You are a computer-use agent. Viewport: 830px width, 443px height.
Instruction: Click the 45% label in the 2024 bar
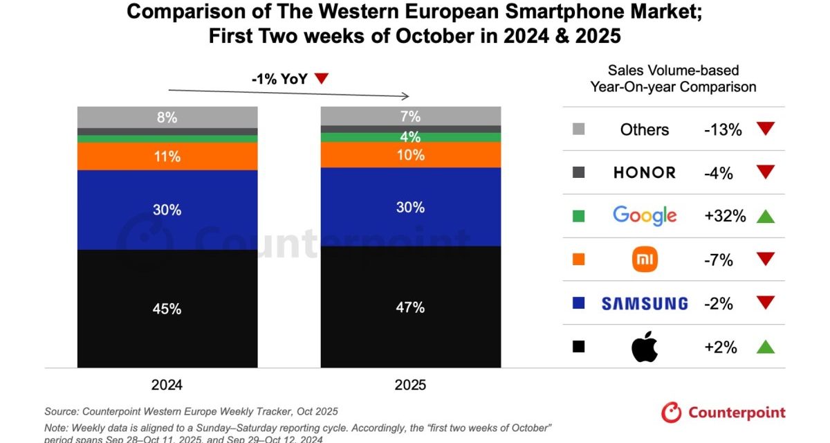167,309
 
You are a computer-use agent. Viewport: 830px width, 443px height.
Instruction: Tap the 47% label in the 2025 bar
410,307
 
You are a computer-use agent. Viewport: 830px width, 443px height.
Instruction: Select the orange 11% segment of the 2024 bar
167,156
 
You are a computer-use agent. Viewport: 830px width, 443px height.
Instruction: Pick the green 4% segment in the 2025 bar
410,137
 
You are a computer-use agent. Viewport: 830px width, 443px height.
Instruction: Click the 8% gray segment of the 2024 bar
167,118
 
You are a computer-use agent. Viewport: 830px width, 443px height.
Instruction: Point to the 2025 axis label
410,385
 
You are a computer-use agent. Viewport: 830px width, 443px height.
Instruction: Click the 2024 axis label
167,385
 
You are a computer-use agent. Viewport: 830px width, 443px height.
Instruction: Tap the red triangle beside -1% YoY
321,79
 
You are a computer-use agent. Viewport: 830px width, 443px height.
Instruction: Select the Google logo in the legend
644,216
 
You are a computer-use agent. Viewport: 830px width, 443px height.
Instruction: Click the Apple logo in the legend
644,347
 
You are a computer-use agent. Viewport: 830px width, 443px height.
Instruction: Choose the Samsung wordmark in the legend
644,303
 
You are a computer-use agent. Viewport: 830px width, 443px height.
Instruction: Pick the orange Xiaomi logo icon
644,260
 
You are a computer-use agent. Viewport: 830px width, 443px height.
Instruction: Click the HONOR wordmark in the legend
644,173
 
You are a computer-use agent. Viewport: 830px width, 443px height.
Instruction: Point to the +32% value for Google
725,216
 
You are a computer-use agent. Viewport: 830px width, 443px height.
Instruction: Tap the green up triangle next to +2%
764,346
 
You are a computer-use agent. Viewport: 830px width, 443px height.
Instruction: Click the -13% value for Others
723,129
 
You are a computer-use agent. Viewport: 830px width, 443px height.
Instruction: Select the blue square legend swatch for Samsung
579,303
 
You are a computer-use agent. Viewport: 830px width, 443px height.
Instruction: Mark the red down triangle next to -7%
764,260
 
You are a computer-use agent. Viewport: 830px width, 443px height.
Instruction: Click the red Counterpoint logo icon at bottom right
672,413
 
